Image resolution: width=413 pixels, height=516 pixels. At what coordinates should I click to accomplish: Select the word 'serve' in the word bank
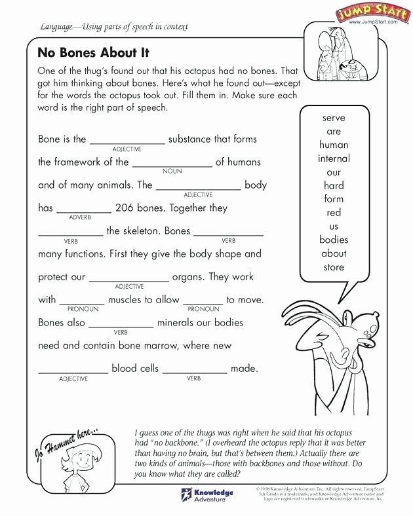pos(334,118)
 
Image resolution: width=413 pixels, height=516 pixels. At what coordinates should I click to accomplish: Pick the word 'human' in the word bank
pos(334,145)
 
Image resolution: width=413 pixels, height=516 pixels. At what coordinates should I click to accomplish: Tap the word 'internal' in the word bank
pos(334,158)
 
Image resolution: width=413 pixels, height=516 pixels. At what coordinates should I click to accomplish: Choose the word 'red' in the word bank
pos(334,213)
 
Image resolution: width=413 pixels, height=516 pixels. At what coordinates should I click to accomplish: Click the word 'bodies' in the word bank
pos(334,240)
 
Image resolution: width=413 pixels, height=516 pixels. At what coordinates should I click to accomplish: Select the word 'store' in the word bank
pos(334,267)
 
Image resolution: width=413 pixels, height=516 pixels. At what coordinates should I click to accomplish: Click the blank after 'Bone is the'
pos(127,140)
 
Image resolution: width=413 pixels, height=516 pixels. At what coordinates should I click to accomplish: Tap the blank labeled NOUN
pos(172,163)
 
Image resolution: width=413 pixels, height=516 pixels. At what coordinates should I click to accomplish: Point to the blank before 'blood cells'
pos(73,369)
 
